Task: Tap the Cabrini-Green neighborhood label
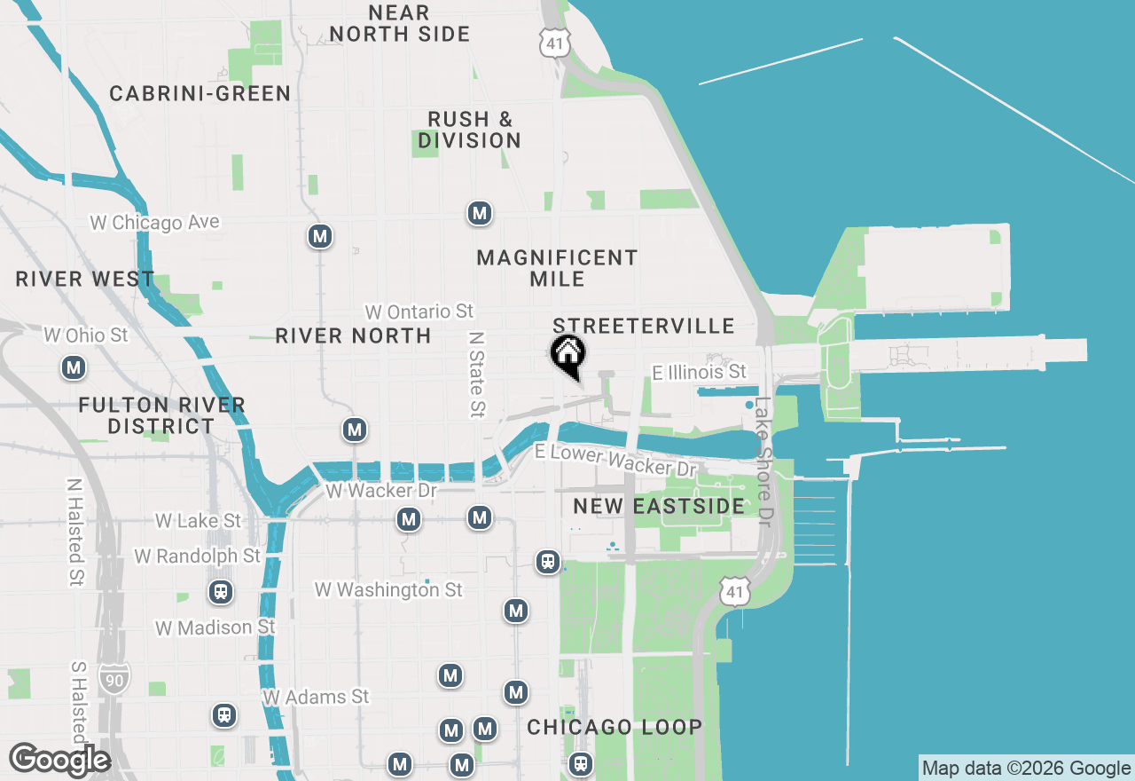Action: click(200, 93)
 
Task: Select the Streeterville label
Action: click(644, 326)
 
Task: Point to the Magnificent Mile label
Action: click(557, 268)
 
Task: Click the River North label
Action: click(353, 335)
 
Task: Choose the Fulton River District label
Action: click(161, 415)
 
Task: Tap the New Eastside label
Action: click(659, 506)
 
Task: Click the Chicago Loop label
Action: click(614, 728)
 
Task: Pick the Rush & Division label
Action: click(470, 130)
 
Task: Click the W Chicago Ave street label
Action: click(154, 222)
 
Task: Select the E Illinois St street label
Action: click(700, 372)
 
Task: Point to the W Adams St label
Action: click(316, 697)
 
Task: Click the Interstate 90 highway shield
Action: click(114, 677)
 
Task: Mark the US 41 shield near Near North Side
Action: click(554, 43)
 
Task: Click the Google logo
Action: click(59, 761)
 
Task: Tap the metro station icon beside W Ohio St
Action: click(74, 367)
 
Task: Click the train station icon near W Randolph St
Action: click(220, 592)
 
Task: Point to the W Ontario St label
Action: click(419, 312)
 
